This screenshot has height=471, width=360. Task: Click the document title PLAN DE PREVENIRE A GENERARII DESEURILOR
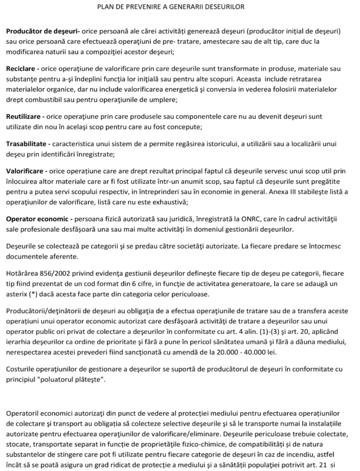click(x=179, y=7)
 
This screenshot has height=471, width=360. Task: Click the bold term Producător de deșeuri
click(x=38, y=29)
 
